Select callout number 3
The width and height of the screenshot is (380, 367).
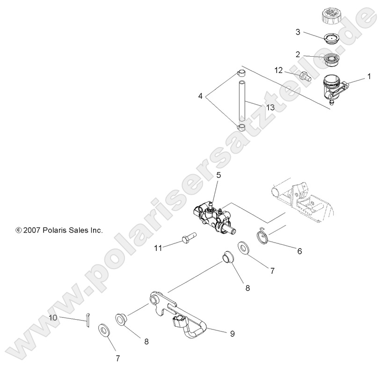tap(298, 32)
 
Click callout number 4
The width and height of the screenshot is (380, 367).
tap(200, 97)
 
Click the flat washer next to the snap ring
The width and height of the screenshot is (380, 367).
tap(244, 248)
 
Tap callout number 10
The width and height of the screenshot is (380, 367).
tap(54, 317)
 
